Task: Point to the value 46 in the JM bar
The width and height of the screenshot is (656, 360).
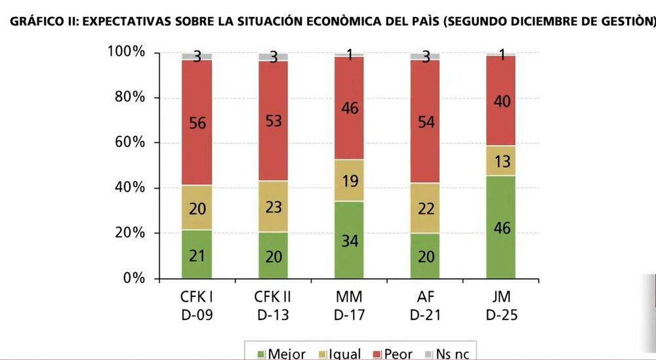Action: click(x=501, y=228)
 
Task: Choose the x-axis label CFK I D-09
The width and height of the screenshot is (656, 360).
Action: click(x=197, y=305)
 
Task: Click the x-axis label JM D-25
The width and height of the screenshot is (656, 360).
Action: click(x=501, y=305)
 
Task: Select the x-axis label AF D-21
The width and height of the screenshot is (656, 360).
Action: click(x=424, y=305)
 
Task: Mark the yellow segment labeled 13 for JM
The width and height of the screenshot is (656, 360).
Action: click(x=501, y=161)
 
